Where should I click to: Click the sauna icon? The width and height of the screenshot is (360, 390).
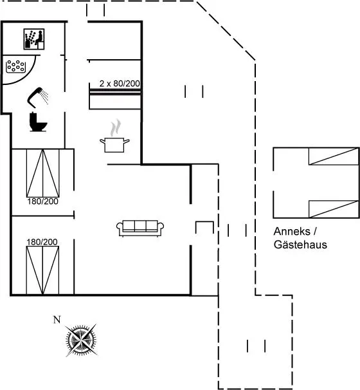pyautogui.click(x=34, y=39)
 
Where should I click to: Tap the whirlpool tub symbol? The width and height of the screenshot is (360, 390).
pyautogui.click(x=15, y=66)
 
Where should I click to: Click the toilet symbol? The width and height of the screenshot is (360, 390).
pyautogui.click(x=38, y=122)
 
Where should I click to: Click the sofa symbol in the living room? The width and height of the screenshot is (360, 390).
pyautogui.click(x=140, y=228)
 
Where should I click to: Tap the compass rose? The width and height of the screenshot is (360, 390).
pyautogui.click(x=81, y=340)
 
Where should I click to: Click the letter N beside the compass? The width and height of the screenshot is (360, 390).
pyautogui.click(x=57, y=320)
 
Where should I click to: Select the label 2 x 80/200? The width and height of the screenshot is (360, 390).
pyautogui.click(x=120, y=84)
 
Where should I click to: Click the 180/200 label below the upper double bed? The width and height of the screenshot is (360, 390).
pyautogui.click(x=42, y=201)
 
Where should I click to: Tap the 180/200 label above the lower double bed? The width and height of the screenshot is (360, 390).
pyautogui.click(x=42, y=242)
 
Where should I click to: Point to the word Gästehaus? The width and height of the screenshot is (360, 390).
pyautogui.click(x=300, y=245)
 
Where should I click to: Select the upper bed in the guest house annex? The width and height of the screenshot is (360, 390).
pyautogui.click(x=334, y=156)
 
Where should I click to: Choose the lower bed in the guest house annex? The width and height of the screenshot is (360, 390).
pyautogui.click(x=334, y=209)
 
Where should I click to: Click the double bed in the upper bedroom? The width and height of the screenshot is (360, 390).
pyautogui.click(x=42, y=173)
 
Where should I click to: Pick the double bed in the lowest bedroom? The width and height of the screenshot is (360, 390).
pyautogui.click(x=42, y=270)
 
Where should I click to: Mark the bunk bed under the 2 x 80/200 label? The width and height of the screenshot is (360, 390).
pyautogui.click(x=115, y=98)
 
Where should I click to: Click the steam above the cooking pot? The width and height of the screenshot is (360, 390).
pyautogui.click(x=116, y=128)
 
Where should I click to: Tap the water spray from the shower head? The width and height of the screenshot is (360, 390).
pyautogui.click(x=45, y=97)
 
